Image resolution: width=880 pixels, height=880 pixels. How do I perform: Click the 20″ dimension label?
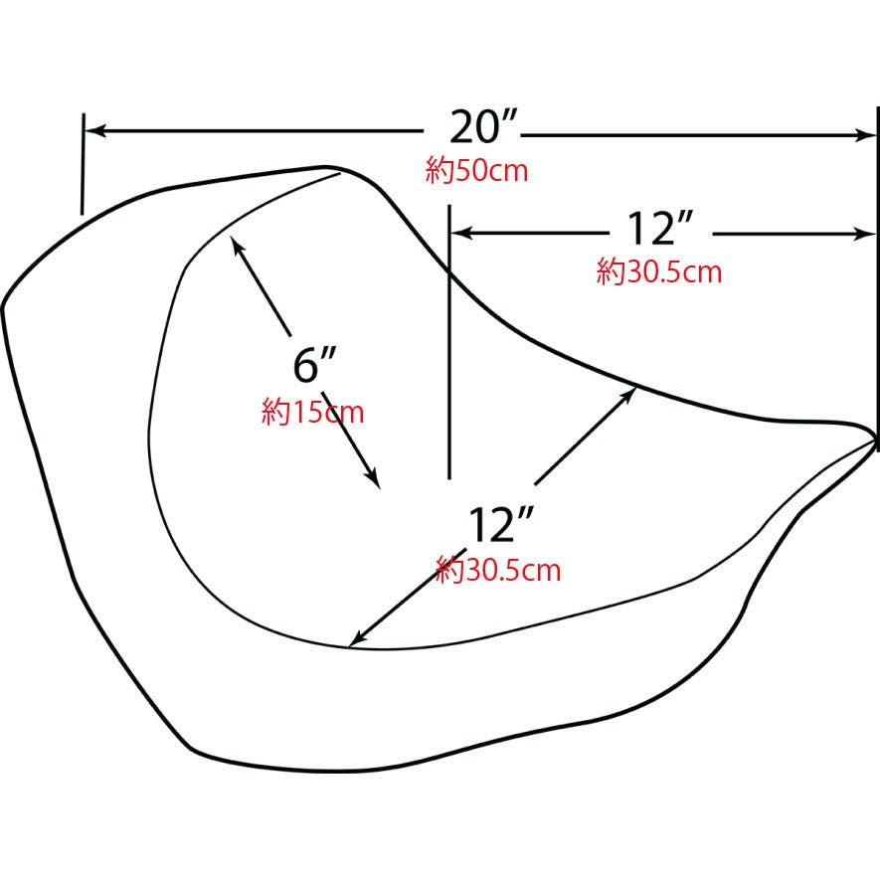[483, 127]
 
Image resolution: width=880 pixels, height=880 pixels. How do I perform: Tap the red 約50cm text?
[476, 170]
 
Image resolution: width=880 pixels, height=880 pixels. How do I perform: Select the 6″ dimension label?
[314, 365]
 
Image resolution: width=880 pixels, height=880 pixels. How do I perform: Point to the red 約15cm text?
[312, 412]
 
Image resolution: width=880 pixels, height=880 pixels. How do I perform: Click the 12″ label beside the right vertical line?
[660, 229]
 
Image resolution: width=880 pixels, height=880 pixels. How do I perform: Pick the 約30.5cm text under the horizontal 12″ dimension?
[659, 271]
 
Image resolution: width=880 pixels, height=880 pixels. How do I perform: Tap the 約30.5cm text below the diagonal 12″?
[498, 570]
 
